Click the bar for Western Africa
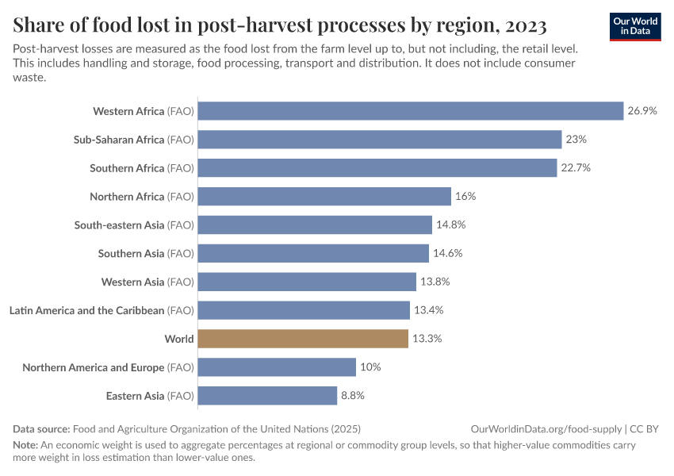click(410, 111)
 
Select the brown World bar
click(303, 339)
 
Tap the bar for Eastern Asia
click(267, 396)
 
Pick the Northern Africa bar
click(324, 197)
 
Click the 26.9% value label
click(642, 111)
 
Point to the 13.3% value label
click(427, 339)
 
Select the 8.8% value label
click(353, 396)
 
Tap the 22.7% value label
click(576, 168)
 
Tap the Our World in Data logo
click(635, 26)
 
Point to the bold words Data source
click(41, 428)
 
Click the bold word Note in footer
click(25, 445)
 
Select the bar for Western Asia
click(307, 282)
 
